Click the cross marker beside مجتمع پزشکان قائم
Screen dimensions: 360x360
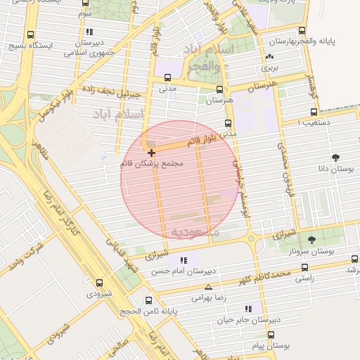pyautogui.click(x=151, y=152)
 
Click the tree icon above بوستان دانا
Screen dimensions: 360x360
pyautogui.click(x=335, y=157)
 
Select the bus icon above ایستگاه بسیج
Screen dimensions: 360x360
pyautogui.click(x=30, y=34)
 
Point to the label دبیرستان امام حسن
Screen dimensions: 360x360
pyautogui.click(x=185, y=271)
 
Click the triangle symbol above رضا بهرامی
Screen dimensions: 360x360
pyautogui.click(x=208, y=287)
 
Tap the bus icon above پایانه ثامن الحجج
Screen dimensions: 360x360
pyautogui.click(x=148, y=300)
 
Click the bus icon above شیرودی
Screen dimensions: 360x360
pyautogui.click(x=99, y=283)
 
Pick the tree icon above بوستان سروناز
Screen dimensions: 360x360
pyautogui.click(x=311, y=240)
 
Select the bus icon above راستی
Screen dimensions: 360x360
pyautogui.click(x=304, y=267)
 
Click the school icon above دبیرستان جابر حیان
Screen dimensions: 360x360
pyautogui.click(x=247, y=309)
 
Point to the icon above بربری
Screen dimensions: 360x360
pyautogui.click(x=269, y=57)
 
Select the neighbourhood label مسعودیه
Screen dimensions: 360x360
pyautogui.click(x=194, y=231)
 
